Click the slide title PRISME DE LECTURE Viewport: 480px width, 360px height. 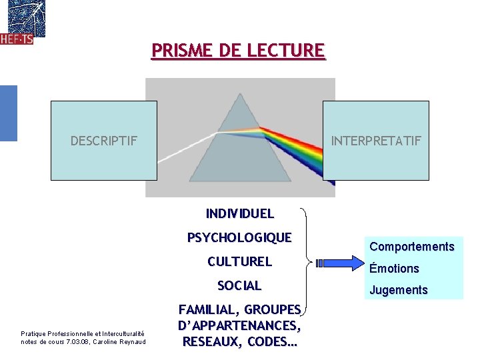pyautogui.click(x=239, y=51)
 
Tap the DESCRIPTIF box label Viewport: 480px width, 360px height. pyautogui.click(x=104, y=141)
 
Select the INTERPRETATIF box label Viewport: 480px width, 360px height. pyautogui.click(x=376, y=141)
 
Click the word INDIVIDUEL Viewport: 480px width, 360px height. pyautogui.click(x=239, y=214)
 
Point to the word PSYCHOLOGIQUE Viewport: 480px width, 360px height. pyautogui.click(x=239, y=237)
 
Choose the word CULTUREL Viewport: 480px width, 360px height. pyautogui.click(x=239, y=261)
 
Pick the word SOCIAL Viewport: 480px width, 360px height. pyautogui.click(x=239, y=285)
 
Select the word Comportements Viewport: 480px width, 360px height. pyautogui.click(x=411, y=247)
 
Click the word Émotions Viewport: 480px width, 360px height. pyautogui.click(x=394, y=269)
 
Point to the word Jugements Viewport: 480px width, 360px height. pyautogui.click(x=398, y=290)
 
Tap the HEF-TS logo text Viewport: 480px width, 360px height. pyautogui.click(x=17, y=39)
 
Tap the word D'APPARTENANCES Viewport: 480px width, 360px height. pyautogui.click(x=239, y=326)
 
